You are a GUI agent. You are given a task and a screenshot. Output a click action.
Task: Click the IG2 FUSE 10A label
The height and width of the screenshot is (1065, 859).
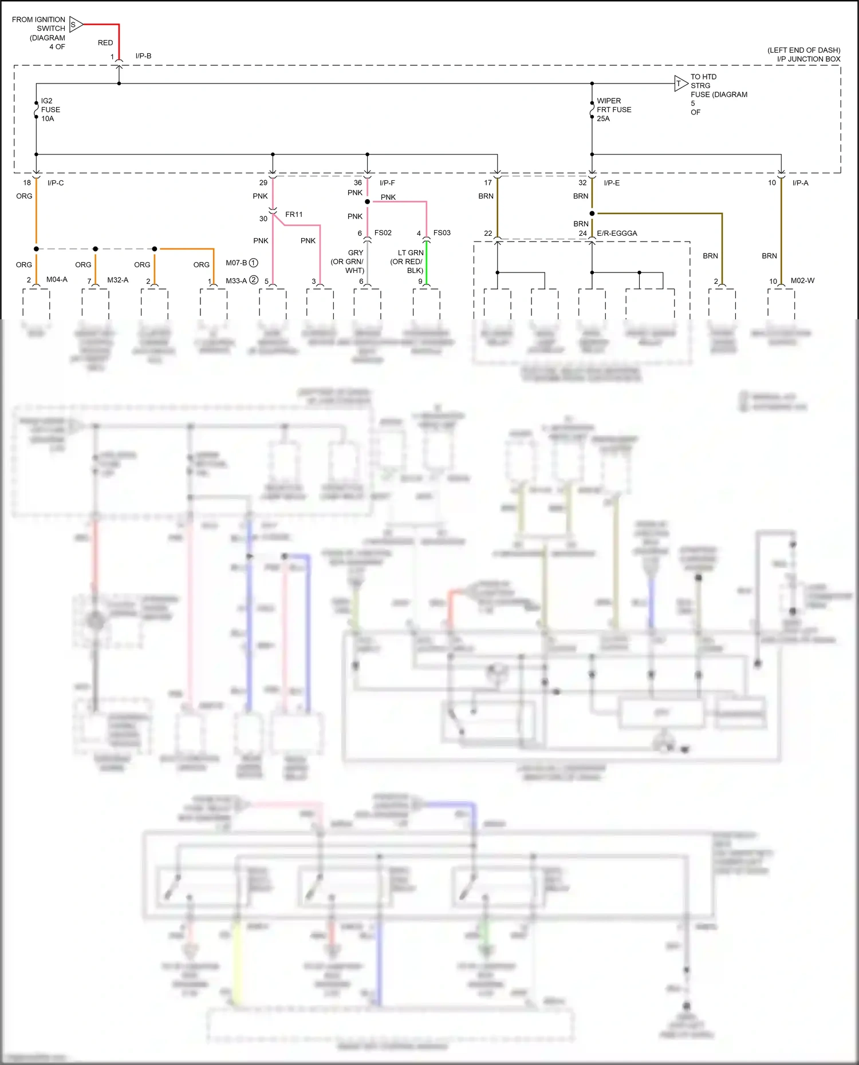tap(50, 110)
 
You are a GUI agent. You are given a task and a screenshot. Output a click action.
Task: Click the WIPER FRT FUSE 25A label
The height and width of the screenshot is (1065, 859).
tap(613, 110)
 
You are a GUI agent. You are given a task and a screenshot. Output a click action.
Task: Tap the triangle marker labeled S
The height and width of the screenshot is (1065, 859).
tap(76, 25)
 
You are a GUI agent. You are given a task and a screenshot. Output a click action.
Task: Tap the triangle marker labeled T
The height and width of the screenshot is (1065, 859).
tap(680, 84)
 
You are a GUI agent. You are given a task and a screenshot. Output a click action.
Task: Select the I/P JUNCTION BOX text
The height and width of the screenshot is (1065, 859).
tap(808, 59)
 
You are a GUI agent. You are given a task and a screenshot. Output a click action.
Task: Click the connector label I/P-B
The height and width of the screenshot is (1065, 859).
tap(143, 56)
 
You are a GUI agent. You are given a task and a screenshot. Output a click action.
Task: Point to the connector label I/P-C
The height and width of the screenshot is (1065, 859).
tap(56, 183)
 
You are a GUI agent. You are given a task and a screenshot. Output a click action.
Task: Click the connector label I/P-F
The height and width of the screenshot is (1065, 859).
tap(387, 183)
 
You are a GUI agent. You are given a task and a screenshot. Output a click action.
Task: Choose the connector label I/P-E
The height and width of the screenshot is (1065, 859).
tap(611, 183)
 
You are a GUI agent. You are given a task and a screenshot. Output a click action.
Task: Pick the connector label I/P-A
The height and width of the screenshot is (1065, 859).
tap(800, 183)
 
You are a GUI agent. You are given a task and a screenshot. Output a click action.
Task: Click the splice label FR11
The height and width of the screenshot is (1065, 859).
tap(294, 215)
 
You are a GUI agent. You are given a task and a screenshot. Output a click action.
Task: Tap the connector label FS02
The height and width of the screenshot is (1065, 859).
tap(383, 233)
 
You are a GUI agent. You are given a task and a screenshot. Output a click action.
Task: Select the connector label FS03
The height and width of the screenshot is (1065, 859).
tap(442, 233)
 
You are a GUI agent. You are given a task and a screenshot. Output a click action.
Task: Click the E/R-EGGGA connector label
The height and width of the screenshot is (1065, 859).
tap(617, 233)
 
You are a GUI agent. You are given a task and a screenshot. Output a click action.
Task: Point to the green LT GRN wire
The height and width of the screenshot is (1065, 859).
tap(427, 263)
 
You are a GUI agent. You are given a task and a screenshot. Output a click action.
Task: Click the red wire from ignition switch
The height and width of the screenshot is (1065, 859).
tap(119, 40)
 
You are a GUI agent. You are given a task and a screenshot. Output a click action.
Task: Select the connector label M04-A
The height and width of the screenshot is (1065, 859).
tap(57, 280)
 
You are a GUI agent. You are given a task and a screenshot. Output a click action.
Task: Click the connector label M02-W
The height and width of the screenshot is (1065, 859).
tap(802, 280)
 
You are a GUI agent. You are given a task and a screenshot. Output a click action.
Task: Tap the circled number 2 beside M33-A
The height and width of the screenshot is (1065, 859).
tap(254, 280)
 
